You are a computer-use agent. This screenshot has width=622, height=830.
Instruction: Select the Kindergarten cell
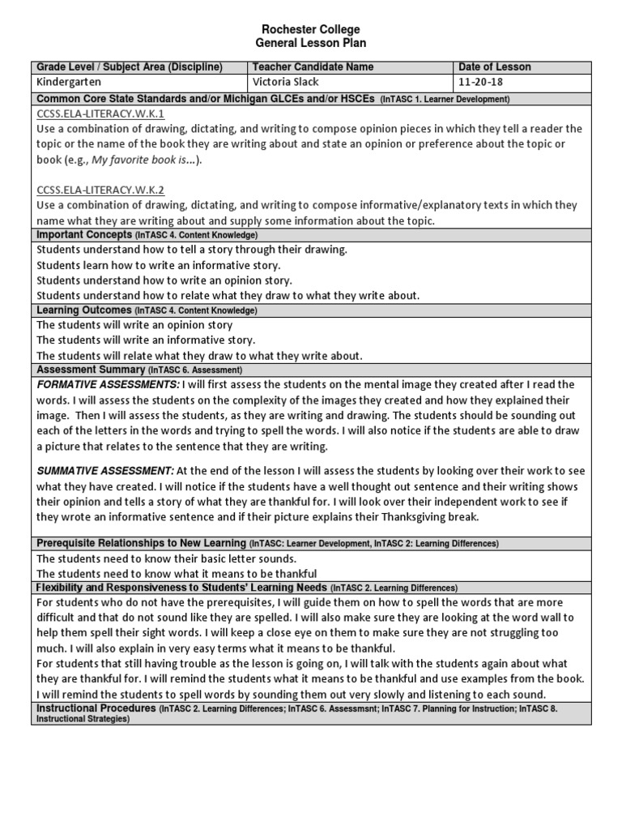(71, 83)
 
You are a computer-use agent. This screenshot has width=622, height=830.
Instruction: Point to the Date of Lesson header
(494, 67)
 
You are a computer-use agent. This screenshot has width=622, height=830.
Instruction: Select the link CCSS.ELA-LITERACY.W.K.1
(100, 114)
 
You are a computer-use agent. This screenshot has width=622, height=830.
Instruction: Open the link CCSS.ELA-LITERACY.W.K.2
(100, 190)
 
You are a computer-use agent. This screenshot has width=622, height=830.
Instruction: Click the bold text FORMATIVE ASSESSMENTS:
(108, 384)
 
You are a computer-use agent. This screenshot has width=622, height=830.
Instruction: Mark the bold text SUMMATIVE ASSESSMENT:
(104, 470)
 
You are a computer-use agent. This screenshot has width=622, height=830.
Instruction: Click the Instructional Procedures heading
(96, 708)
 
